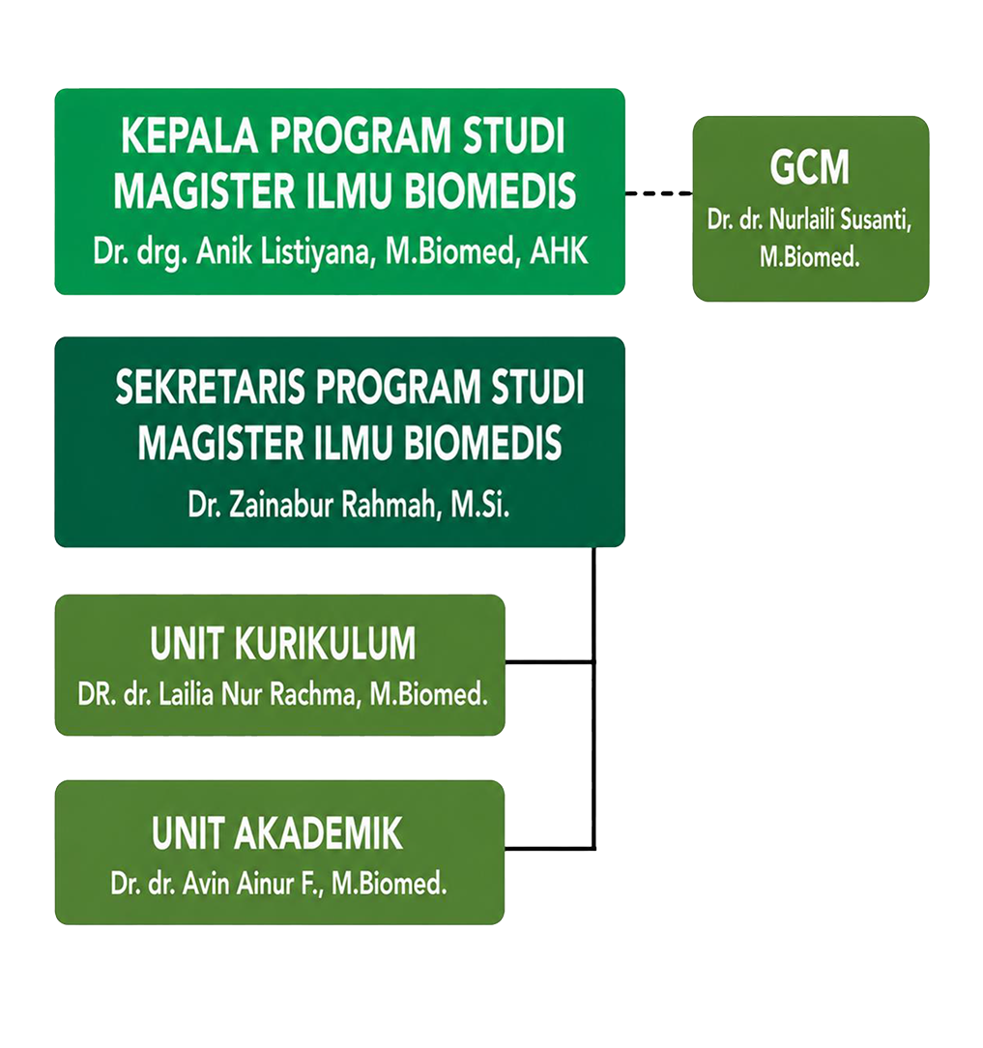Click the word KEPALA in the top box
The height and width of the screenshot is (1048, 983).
[x=189, y=136]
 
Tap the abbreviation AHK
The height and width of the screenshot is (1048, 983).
[x=560, y=251]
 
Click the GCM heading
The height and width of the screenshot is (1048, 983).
[x=809, y=167]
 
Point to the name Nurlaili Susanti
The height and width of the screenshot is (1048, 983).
[x=840, y=219]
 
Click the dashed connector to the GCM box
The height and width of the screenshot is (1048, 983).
[x=659, y=193]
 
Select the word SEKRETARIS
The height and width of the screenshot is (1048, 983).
[x=210, y=388]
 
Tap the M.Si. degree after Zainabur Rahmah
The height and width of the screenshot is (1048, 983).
[x=479, y=505]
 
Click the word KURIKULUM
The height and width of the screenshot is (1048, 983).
[x=326, y=644]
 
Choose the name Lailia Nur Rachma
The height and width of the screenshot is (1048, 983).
[x=260, y=694]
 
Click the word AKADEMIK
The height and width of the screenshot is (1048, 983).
[x=318, y=833]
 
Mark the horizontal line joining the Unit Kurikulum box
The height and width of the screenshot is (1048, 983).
[x=549, y=661]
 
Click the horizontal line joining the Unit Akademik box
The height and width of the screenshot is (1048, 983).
[x=549, y=848]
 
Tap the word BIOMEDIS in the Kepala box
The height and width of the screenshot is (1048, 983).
[x=490, y=191]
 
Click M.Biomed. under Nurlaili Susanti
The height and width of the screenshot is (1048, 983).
[x=809, y=257]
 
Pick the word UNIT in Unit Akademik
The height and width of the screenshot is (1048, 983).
[x=187, y=833]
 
